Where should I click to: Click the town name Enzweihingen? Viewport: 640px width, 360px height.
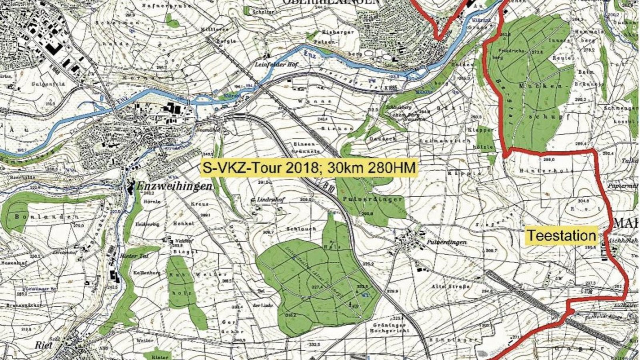174,186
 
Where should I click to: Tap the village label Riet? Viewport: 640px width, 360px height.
44,345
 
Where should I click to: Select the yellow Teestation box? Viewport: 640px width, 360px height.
561,236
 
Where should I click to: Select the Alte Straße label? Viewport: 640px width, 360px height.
450,286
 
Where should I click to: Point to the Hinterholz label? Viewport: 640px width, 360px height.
546,170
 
